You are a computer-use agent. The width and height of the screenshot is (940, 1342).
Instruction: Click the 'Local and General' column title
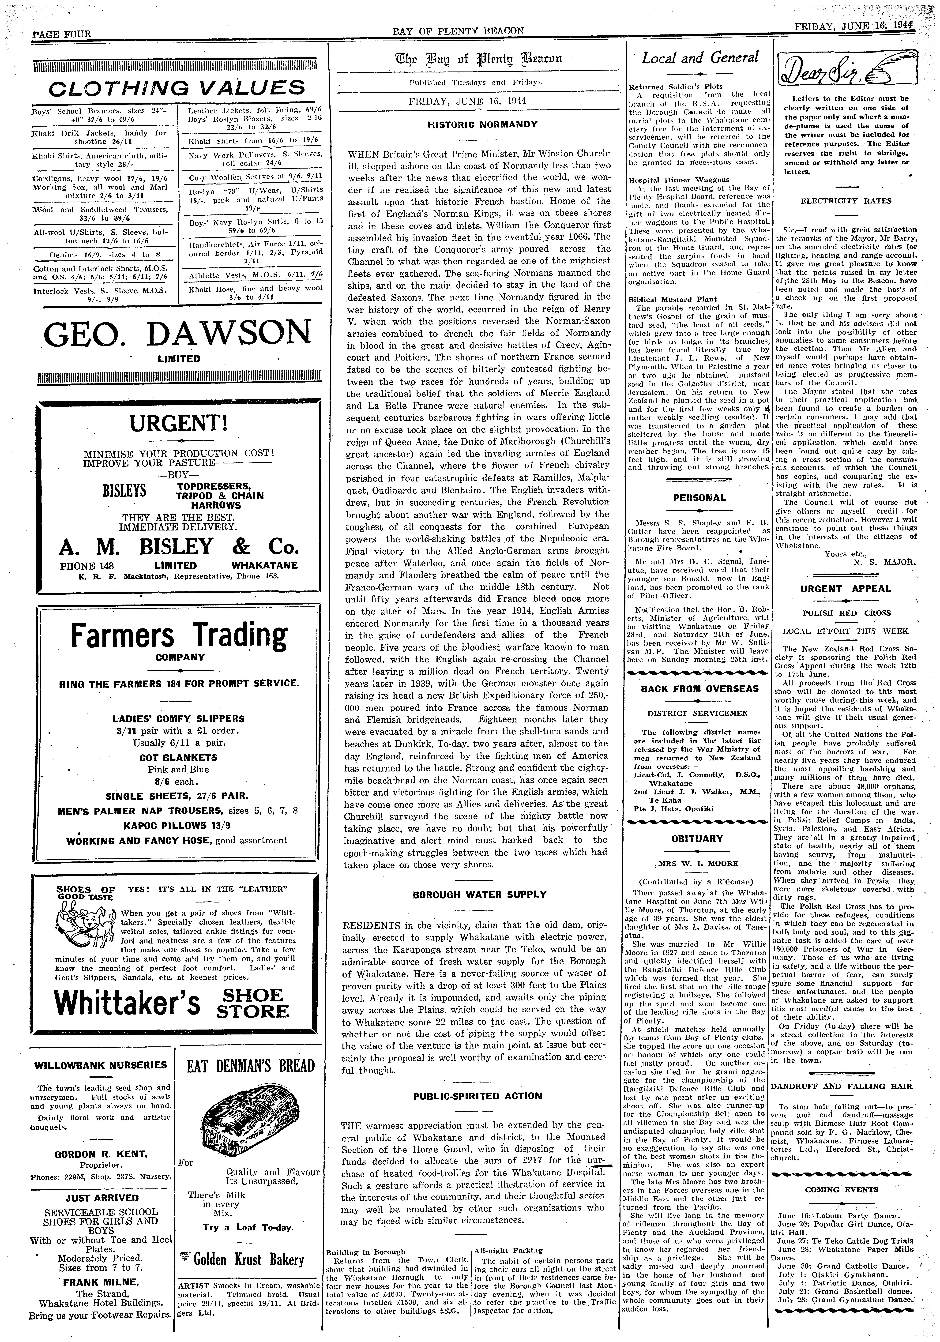tap(700, 57)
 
